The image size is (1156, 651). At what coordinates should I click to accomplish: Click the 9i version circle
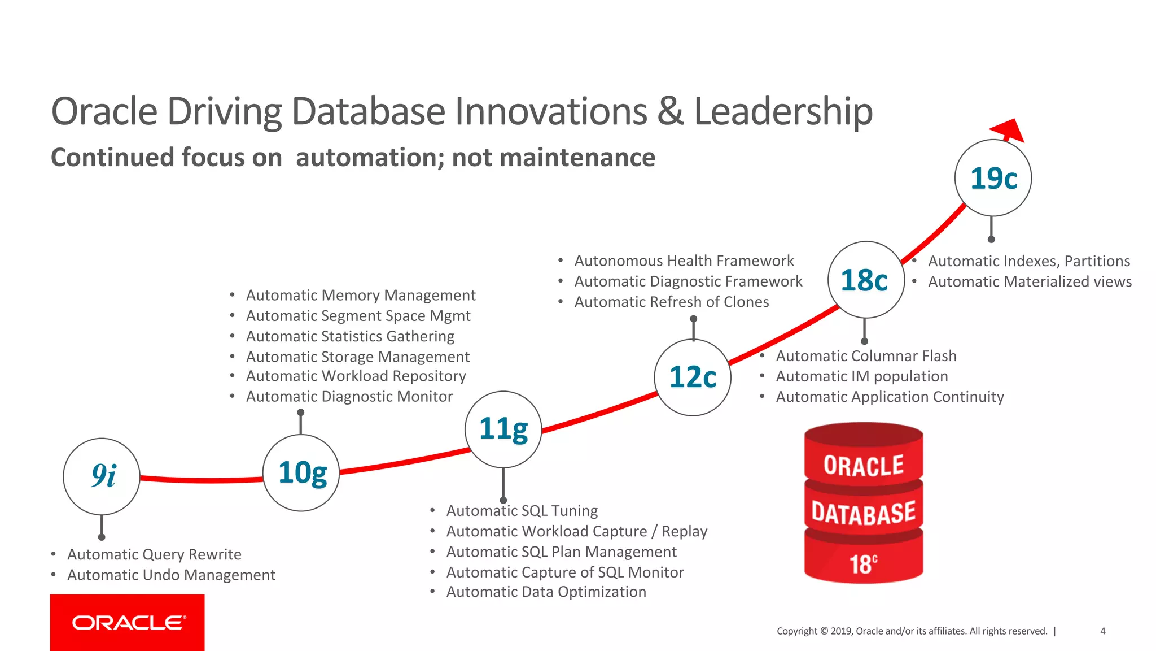(x=102, y=476)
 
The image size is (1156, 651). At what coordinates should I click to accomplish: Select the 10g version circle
(x=301, y=473)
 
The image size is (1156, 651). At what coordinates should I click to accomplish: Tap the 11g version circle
(x=503, y=429)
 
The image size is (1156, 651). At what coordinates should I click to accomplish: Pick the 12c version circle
(x=693, y=377)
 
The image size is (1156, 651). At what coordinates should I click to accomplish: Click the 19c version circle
(x=993, y=178)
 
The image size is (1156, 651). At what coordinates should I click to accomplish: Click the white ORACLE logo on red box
(x=128, y=623)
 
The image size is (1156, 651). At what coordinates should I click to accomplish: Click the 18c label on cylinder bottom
(x=863, y=564)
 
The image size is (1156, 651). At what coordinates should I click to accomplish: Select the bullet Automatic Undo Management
(x=171, y=575)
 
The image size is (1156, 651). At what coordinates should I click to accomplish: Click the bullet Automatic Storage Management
(x=357, y=357)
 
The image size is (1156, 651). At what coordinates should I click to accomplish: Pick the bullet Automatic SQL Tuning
(x=522, y=511)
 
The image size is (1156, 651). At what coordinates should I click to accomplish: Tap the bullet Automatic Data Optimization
(x=546, y=592)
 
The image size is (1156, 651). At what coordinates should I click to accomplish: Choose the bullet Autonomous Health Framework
(x=684, y=261)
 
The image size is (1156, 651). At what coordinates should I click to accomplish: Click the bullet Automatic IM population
(x=861, y=376)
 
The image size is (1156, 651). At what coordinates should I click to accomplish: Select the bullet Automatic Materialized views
(x=1030, y=281)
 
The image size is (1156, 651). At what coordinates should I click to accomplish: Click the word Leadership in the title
(x=783, y=111)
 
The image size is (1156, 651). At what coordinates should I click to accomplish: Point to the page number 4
(x=1102, y=631)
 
